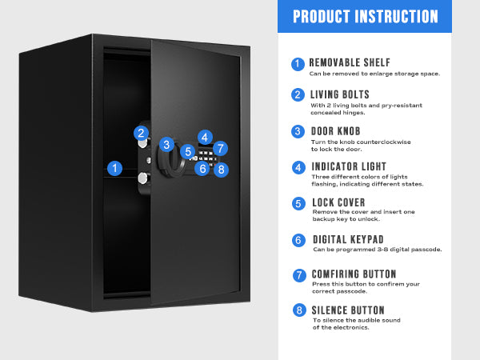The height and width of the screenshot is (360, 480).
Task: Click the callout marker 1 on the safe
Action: [114, 168]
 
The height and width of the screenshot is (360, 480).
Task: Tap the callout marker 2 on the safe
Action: [141, 133]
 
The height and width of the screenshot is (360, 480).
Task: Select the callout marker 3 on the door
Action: [166, 145]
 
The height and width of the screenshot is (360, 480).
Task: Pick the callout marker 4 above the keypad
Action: [205, 137]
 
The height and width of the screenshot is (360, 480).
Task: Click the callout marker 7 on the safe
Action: [221, 149]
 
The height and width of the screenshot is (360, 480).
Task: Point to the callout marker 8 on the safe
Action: [222, 170]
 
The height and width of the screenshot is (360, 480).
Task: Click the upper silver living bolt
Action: [143, 143]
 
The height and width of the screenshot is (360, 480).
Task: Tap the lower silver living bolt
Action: [142, 178]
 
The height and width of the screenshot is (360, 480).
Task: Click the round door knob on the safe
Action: [171, 160]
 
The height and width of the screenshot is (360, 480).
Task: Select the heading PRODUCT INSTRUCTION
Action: [366, 17]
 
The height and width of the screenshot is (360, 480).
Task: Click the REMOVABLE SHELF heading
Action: [350, 62]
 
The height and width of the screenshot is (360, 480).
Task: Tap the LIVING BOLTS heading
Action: [340, 94]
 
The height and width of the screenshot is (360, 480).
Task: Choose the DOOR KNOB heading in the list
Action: [335, 131]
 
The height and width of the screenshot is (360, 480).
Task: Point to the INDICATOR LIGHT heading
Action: [349, 166]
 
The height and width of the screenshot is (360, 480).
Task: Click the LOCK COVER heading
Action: [338, 202]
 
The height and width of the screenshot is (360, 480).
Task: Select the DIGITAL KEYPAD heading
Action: [348, 239]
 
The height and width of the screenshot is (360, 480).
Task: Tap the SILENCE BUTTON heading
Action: [348, 310]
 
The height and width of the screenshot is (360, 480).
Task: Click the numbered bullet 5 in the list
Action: [298, 204]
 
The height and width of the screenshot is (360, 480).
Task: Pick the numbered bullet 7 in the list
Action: [299, 275]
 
